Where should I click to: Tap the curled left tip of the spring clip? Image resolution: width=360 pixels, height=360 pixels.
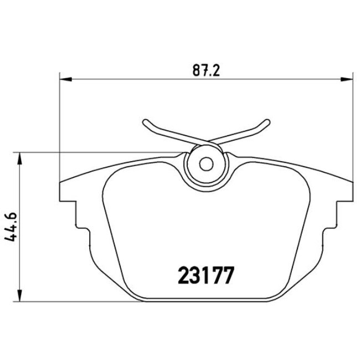[x=145, y=123]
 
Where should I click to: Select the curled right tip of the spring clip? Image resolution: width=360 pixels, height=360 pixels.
[x=266, y=123]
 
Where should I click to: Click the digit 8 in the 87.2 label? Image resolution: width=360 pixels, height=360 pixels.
[x=196, y=71]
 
